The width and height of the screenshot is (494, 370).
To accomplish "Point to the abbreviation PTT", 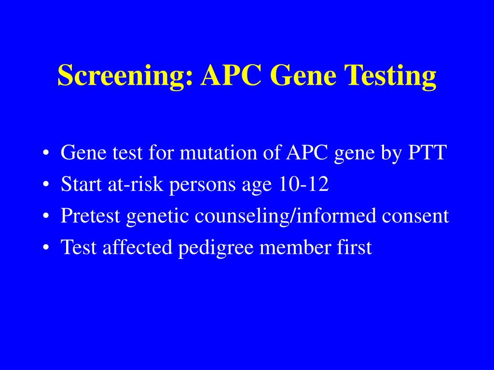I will (x=427, y=153).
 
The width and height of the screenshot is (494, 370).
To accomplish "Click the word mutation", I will (x=214, y=153).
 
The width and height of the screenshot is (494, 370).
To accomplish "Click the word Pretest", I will (x=91, y=216).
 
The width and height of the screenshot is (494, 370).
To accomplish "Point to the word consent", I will (x=415, y=216).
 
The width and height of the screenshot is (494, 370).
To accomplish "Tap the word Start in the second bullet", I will (x=80, y=185).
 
